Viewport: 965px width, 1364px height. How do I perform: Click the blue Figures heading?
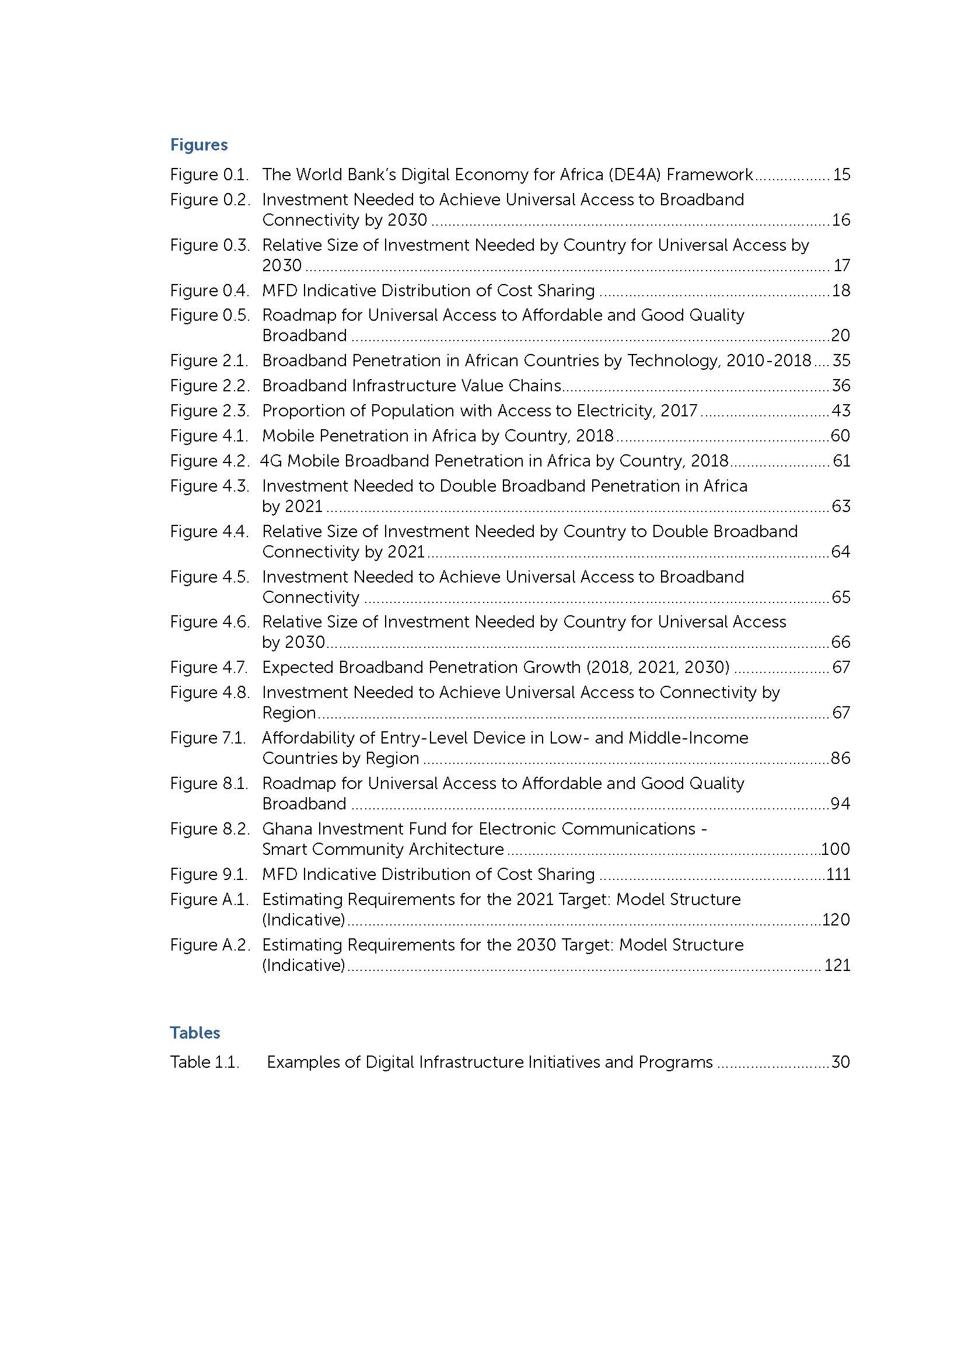[x=198, y=145]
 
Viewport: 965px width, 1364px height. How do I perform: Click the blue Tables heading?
[x=195, y=1033]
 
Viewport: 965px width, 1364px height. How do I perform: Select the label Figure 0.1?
[x=209, y=175]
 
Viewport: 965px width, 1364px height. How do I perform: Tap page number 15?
[x=841, y=175]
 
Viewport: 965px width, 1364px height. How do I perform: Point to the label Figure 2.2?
[x=209, y=386]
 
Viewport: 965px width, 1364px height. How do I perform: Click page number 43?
[x=841, y=411]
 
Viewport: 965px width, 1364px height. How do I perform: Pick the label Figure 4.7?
[x=209, y=668]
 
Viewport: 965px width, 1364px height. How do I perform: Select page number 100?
[x=835, y=850]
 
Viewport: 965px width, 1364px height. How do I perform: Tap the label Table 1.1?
[x=204, y=1062]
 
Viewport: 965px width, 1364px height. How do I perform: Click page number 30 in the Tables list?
[x=841, y=1062]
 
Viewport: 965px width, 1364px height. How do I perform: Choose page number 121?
[x=837, y=965]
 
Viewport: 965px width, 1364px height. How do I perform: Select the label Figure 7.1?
[x=208, y=738]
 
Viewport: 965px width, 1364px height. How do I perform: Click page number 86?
[x=841, y=759]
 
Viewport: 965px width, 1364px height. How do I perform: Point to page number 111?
[x=838, y=875]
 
